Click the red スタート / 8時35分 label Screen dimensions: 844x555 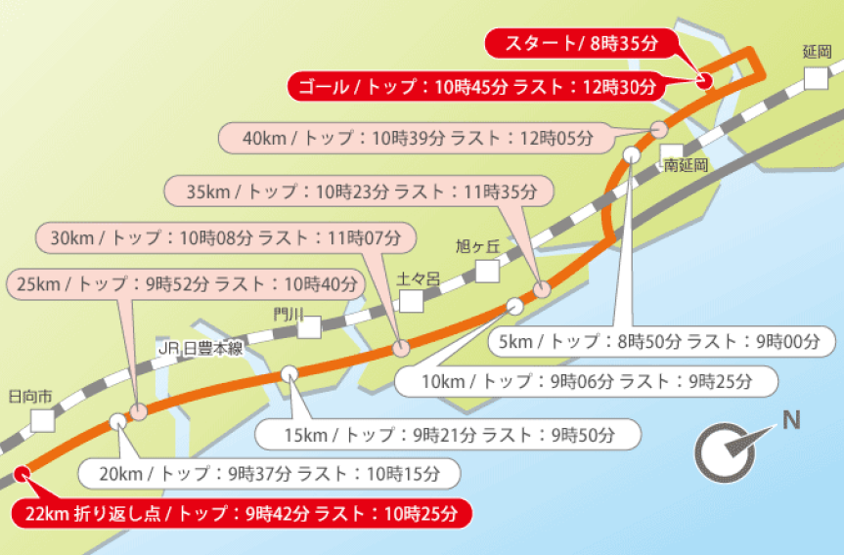[578, 43]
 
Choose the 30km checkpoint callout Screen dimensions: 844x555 [226, 237]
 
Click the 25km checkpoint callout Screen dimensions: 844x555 [185, 284]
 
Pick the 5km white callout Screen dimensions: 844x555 [660, 342]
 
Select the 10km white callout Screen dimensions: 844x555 [586, 381]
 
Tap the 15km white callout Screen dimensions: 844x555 [448, 432]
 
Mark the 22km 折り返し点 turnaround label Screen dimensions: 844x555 [241, 513]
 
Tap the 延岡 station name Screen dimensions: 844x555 [816, 53]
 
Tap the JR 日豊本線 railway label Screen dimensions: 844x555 [200, 349]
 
